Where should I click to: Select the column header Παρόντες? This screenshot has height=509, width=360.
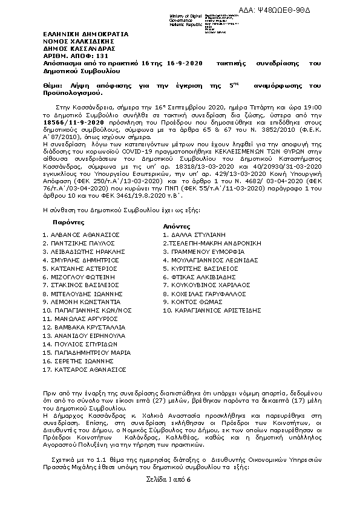(x=64, y=222)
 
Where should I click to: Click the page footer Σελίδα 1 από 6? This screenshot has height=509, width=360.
(x=168, y=479)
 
